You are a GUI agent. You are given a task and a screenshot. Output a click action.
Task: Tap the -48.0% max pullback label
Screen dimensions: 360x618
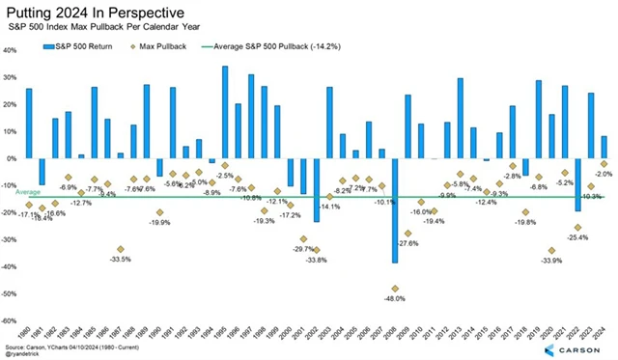pos(394,298)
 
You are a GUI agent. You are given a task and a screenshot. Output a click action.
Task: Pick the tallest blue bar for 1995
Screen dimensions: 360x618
pos(225,112)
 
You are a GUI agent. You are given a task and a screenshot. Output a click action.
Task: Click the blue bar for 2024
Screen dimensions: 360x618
pos(604,147)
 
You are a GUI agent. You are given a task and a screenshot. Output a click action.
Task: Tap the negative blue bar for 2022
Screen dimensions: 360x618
pos(577,184)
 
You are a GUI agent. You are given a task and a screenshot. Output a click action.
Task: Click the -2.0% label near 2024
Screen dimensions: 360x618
pos(602,175)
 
